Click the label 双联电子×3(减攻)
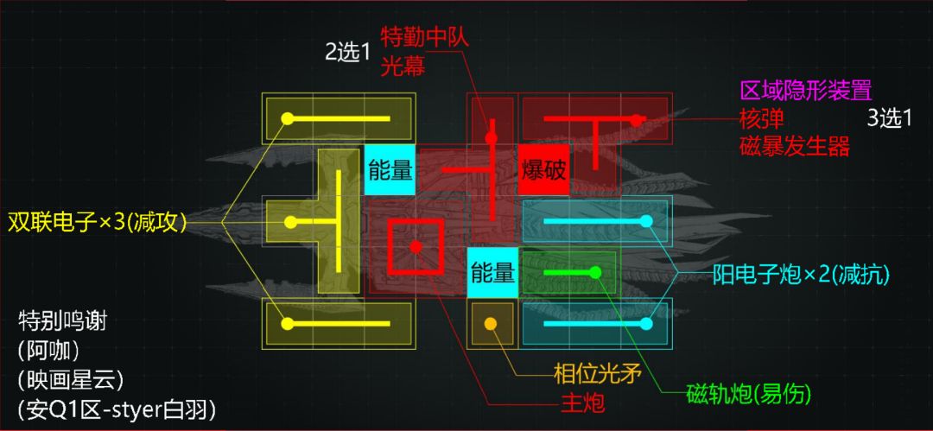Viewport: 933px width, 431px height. pyautogui.click(x=97, y=223)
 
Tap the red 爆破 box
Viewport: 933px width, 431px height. pyautogui.click(x=543, y=169)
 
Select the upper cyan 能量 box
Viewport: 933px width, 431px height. pyautogui.click(x=390, y=169)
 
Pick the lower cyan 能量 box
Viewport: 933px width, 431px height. pyautogui.click(x=492, y=272)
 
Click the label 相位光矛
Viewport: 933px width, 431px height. pyautogui.click(x=597, y=375)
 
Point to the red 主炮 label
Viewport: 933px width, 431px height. pyautogui.click(x=582, y=403)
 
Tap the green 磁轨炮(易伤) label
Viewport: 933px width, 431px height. pyautogui.click(x=749, y=393)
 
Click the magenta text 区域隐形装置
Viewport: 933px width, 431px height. pyautogui.click(x=806, y=91)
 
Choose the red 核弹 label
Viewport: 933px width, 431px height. pyautogui.click(x=762, y=118)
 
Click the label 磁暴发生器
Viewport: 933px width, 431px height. pyautogui.click(x=795, y=145)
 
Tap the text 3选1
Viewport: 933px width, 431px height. pyautogui.click(x=890, y=119)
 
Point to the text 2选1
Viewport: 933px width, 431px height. pyautogui.click(x=347, y=53)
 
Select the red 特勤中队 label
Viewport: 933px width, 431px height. pyautogui.click(x=425, y=38)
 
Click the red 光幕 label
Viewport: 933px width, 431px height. pyautogui.click(x=403, y=67)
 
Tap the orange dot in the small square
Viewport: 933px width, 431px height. pyautogui.click(x=491, y=323)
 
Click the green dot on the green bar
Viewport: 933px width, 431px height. pyautogui.click(x=595, y=272)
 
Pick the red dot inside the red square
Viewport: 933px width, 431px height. pyautogui.click(x=416, y=246)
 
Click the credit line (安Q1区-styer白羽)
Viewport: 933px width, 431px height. pyautogui.click(x=117, y=409)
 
